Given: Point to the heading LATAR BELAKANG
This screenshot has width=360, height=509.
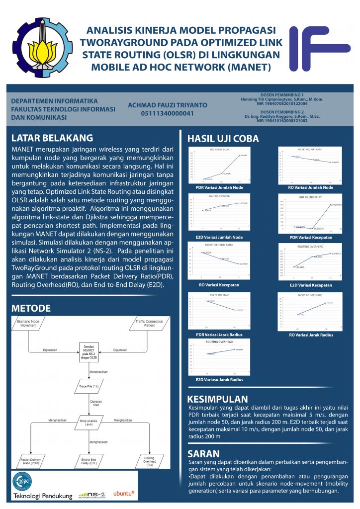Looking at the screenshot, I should (x=52, y=137).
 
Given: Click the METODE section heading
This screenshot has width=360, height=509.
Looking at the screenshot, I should (x=31, y=308).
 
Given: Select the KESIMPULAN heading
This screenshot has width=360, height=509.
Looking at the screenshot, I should (x=217, y=399).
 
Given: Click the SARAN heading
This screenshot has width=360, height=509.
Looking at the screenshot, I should (x=203, y=453).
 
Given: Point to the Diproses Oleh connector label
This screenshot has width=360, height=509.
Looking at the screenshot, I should (x=90, y=403).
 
